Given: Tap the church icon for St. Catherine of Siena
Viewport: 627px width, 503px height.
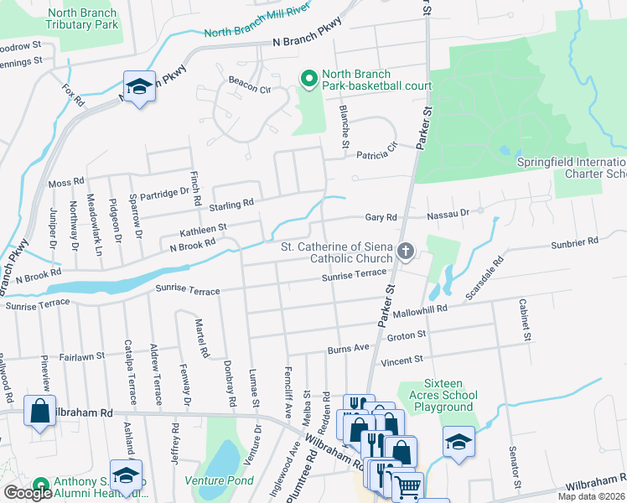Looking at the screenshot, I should pyautogui.click(x=406, y=251).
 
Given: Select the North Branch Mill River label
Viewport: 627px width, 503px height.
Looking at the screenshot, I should pyautogui.click(x=257, y=24).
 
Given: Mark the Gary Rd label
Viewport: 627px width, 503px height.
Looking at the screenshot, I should pyautogui.click(x=380, y=217).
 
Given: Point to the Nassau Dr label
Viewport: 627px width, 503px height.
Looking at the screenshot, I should pyautogui.click(x=448, y=215).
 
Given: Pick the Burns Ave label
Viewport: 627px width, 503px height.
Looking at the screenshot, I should pyautogui.click(x=348, y=347).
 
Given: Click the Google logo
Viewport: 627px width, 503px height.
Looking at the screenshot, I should pyautogui.click(x=28, y=493).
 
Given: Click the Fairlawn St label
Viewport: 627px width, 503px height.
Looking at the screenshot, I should pyautogui.click(x=81, y=355).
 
